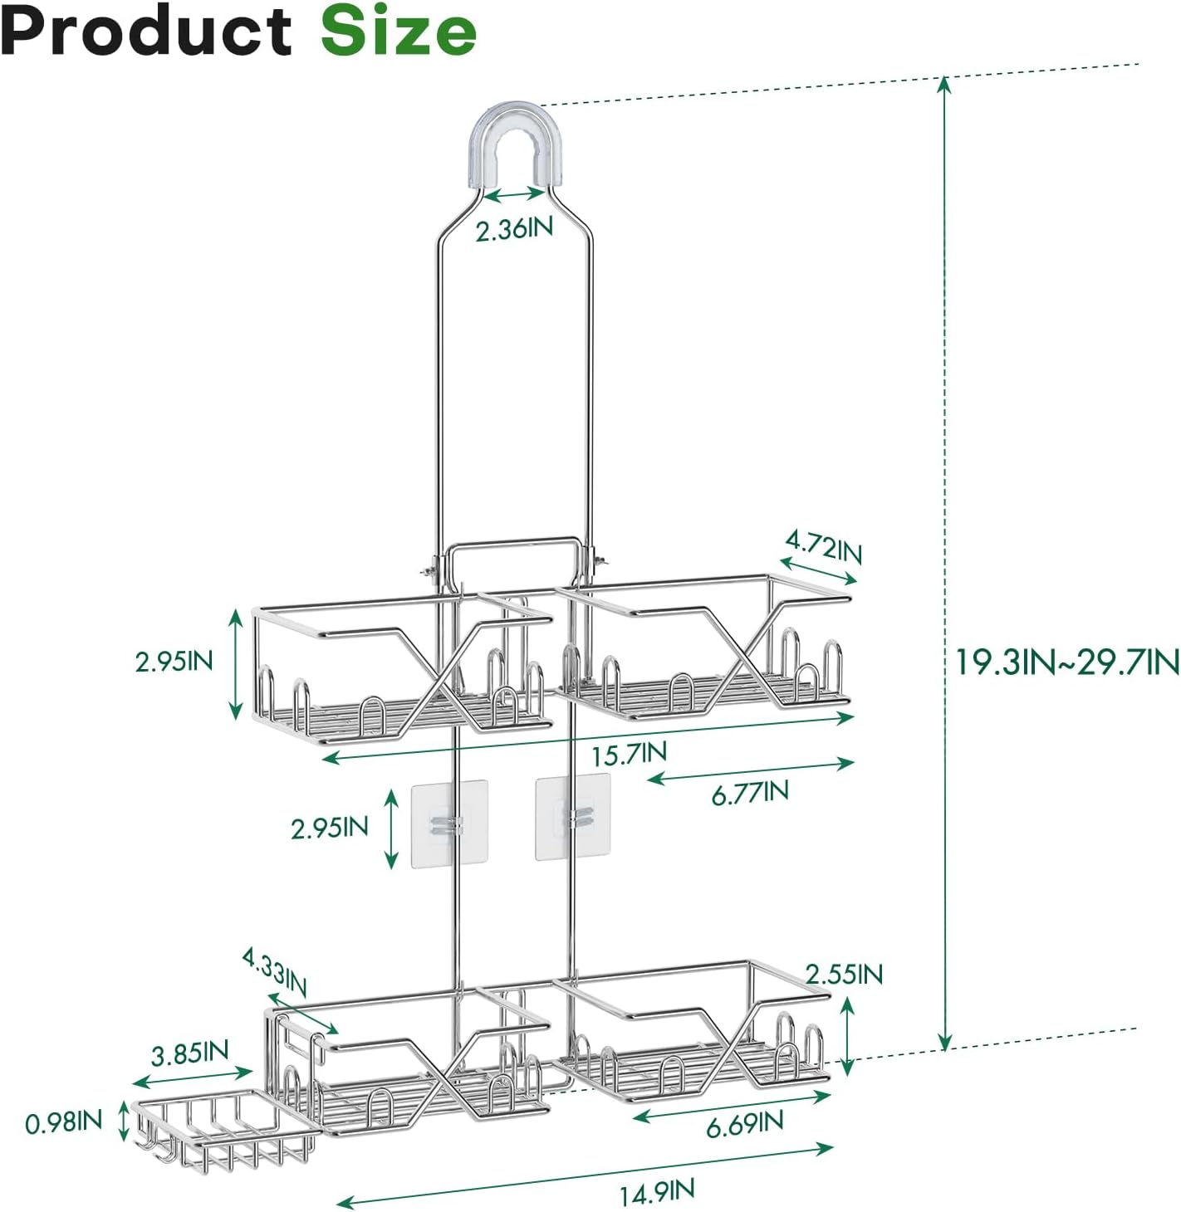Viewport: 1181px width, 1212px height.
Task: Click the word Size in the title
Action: [399, 32]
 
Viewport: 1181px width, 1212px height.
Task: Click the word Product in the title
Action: [147, 32]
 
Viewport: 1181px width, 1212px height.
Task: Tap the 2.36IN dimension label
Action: [514, 228]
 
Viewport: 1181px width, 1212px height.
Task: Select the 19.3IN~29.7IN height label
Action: [1066, 662]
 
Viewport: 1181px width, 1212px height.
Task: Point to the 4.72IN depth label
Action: [824, 548]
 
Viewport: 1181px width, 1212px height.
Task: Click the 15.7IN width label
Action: [629, 755]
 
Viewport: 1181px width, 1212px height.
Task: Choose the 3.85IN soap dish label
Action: [189, 1053]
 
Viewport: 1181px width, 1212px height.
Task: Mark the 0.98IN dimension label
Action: [63, 1122]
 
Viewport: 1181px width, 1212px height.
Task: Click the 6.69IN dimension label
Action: [744, 1124]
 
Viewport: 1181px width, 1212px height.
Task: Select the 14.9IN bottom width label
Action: [656, 1193]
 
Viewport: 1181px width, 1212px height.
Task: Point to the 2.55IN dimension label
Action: [844, 974]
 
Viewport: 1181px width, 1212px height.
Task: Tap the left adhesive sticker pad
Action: [448, 823]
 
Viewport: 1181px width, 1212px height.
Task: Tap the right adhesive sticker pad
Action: [573, 817]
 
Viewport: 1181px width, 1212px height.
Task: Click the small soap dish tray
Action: [224, 1131]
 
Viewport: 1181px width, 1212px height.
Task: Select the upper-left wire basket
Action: [403, 672]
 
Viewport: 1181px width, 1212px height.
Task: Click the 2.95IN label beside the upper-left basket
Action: [174, 662]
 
